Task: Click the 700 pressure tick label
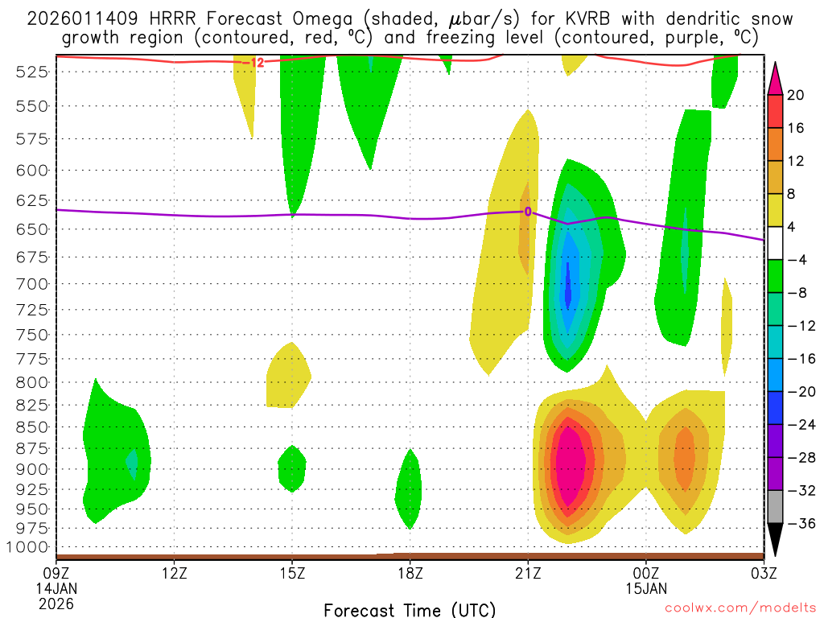[x=31, y=283]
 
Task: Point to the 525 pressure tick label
[x=31, y=72]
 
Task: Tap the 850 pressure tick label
[x=31, y=427]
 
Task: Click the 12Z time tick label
[x=175, y=573]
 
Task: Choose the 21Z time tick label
[x=528, y=573]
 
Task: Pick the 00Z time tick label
[x=646, y=573]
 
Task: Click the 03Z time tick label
[x=763, y=573]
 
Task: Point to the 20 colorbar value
[x=796, y=95]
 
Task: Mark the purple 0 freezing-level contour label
[x=528, y=212]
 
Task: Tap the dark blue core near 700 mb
[x=568, y=286]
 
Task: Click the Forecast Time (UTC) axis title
[x=410, y=609]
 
